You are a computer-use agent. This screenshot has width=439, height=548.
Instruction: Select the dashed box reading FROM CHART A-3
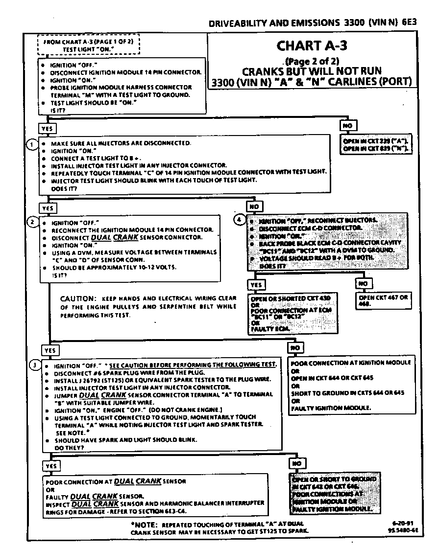coord(89,46)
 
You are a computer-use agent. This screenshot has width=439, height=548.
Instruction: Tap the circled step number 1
coord(31,144)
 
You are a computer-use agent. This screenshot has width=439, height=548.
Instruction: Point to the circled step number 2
coord(32,222)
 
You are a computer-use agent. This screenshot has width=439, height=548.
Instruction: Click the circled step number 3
coord(33,365)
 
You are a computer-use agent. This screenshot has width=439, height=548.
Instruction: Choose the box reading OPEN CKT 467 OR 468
coord(384,300)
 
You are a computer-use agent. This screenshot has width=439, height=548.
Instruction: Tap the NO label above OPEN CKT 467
coord(363,283)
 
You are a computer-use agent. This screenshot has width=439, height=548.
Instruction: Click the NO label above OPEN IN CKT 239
coord(347,126)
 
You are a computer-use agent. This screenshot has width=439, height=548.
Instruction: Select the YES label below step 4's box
coord(256,285)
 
